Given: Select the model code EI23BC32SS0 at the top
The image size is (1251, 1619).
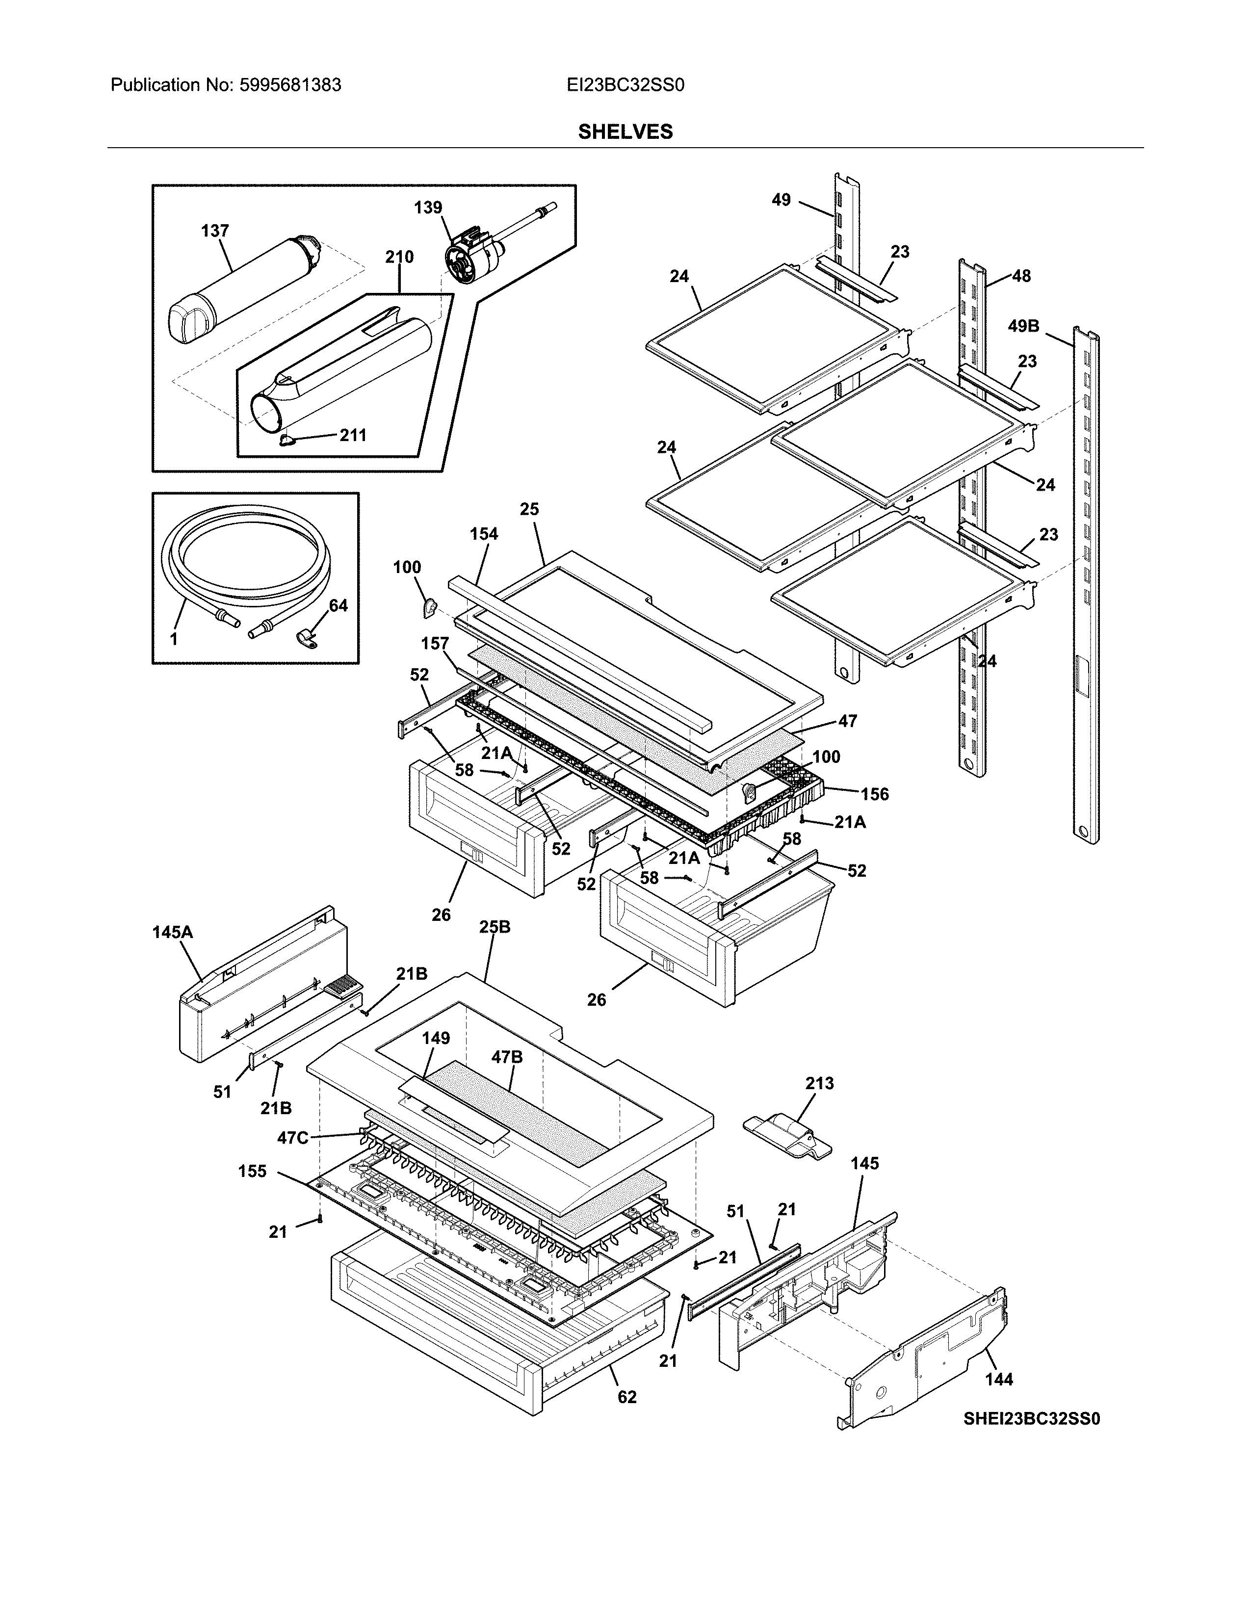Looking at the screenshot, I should click(625, 85).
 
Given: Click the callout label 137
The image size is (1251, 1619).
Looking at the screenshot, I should click(215, 231).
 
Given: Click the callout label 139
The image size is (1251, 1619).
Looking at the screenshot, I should click(428, 208).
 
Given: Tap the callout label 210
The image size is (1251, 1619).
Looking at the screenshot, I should click(399, 257).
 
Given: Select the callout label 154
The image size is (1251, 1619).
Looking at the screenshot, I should click(483, 534).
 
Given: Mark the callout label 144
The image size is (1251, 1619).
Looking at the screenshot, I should click(998, 1379).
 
